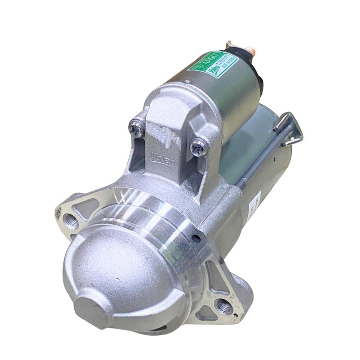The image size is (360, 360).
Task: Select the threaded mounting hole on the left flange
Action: (x=71, y=221)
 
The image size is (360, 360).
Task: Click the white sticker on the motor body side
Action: (x=254, y=206)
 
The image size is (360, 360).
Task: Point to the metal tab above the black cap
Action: (x=229, y=45)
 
